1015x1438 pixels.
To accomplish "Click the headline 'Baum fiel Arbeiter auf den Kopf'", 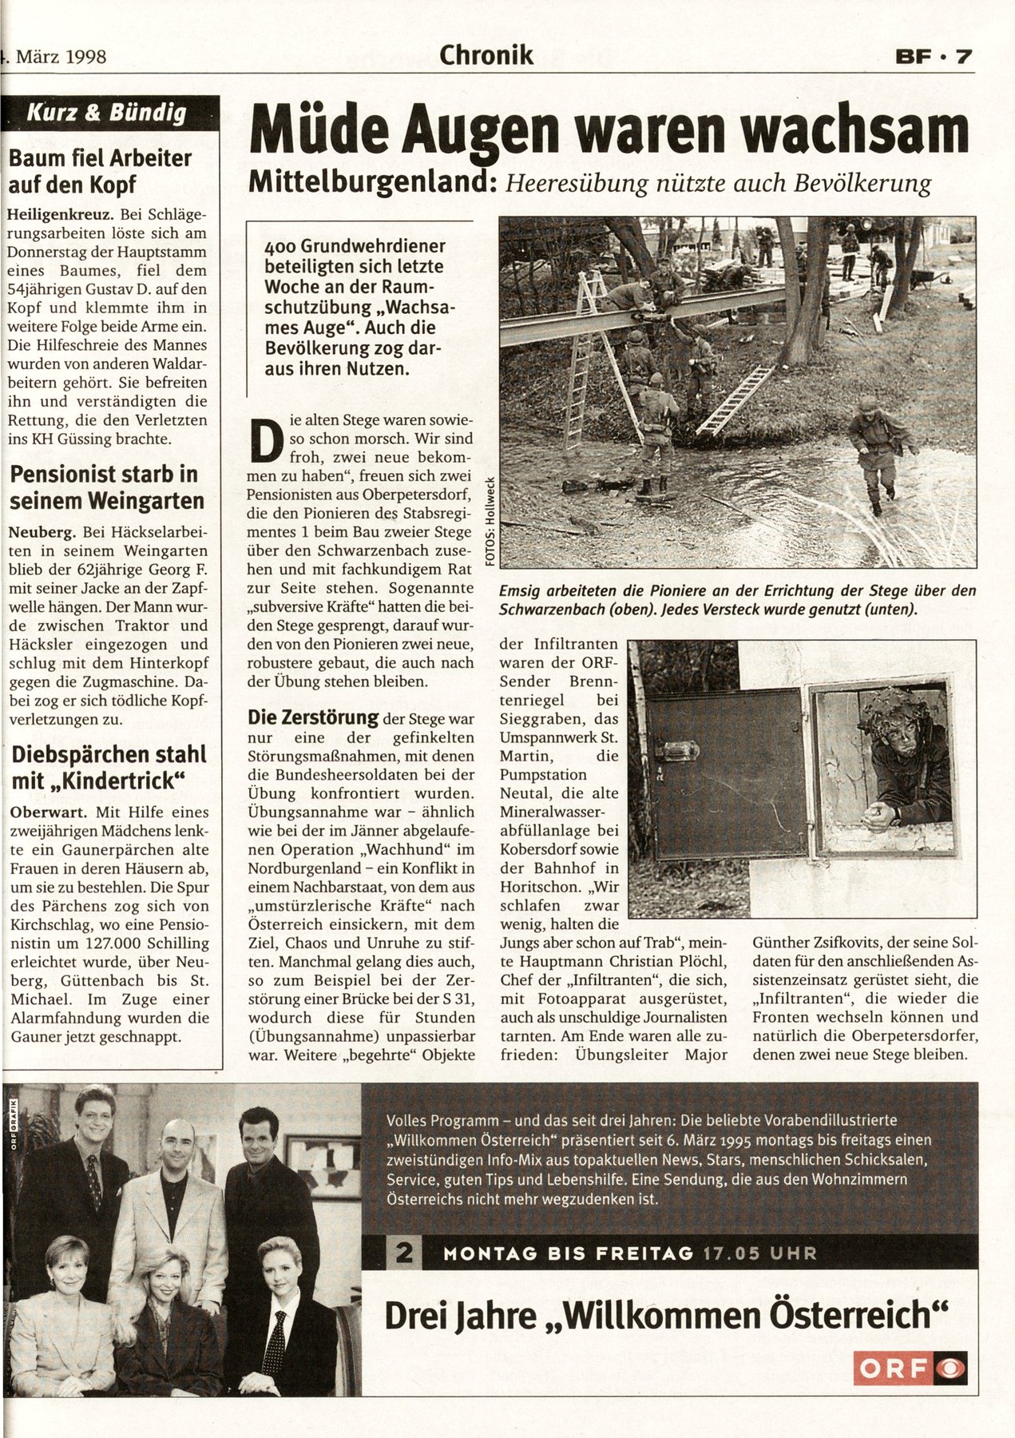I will coord(100,170).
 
